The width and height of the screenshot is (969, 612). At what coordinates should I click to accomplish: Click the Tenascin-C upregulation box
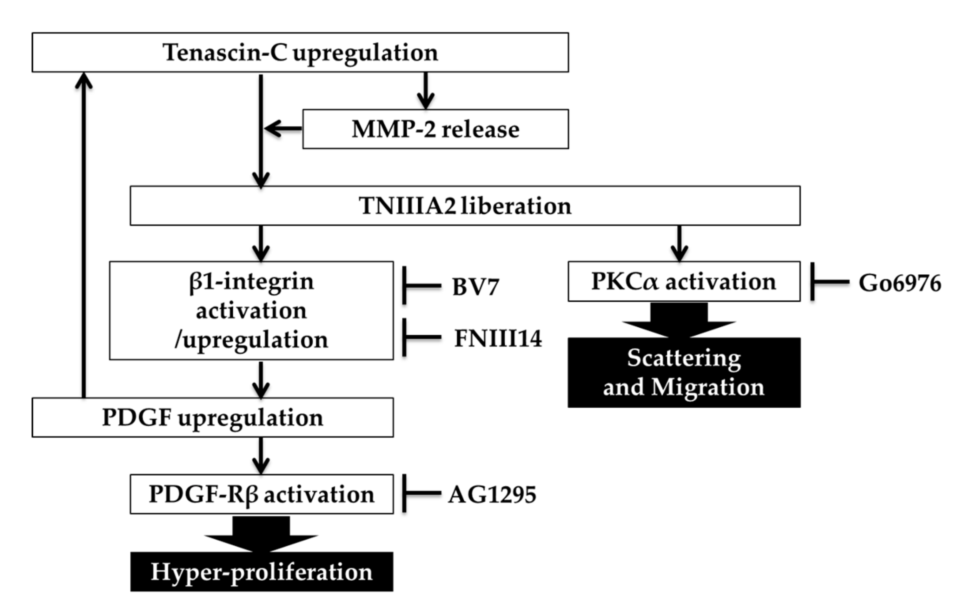point(300,53)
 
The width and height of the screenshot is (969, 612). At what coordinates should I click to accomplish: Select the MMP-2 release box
point(435,129)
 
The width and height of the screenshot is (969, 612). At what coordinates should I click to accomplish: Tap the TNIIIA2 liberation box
point(465,206)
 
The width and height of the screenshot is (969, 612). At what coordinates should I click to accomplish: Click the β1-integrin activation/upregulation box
point(251,311)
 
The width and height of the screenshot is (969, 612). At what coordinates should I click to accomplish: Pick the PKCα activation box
point(683,282)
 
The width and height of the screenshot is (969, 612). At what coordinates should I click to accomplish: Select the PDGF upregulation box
point(212,418)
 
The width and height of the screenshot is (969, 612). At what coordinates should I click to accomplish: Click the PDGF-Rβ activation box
point(262,494)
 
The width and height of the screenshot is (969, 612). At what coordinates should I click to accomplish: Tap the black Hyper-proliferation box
point(262,572)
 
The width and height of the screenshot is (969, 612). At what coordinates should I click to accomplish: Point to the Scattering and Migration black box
point(684,373)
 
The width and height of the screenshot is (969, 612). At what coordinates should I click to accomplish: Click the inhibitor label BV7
point(475,287)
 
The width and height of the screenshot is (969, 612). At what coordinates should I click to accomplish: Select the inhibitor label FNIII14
point(498,338)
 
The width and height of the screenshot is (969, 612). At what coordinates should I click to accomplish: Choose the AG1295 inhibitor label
point(492,495)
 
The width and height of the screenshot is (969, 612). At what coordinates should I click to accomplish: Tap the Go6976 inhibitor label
point(899,283)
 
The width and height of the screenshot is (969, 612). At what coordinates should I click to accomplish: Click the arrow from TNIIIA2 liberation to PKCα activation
point(679,244)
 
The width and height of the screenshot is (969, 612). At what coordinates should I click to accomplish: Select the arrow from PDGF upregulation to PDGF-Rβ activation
point(261,456)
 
